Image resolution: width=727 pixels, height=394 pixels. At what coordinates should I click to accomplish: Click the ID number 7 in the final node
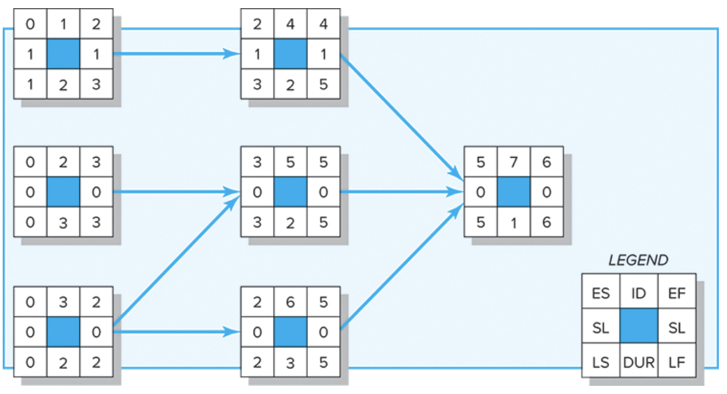point(513,162)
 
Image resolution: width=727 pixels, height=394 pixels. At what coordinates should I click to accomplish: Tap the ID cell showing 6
point(290,301)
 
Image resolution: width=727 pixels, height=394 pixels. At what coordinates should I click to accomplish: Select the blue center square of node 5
point(290,192)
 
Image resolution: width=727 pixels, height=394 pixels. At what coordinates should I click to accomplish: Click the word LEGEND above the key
point(637,260)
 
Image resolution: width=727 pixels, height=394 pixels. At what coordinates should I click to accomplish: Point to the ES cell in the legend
point(600,293)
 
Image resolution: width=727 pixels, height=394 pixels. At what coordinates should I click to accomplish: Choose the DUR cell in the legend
point(638,363)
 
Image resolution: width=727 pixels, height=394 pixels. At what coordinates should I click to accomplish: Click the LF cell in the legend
point(677,363)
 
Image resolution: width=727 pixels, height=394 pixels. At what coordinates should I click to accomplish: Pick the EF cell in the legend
point(677,293)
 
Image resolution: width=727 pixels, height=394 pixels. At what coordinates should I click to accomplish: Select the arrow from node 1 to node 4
point(176,53)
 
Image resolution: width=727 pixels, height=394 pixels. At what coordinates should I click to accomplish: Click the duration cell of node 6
point(290,362)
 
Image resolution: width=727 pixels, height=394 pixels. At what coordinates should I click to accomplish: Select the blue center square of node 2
point(63,192)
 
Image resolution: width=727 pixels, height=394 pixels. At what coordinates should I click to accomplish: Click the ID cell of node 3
point(63,301)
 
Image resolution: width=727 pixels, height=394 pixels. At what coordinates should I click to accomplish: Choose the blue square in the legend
point(638,328)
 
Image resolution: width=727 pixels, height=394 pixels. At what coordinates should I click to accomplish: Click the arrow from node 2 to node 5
point(176,192)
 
